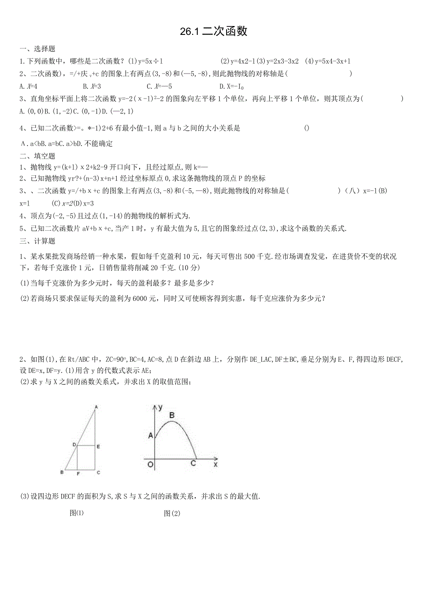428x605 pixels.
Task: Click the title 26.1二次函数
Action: coord(214,31)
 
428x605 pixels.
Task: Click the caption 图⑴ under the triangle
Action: coord(77,513)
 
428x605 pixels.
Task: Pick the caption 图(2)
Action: coord(172,513)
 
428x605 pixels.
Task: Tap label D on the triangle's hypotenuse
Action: coord(74,445)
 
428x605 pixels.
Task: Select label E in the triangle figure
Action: coord(99,446)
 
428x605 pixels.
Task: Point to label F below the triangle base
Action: coord(78,473)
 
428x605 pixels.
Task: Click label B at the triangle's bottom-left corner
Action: coord(62,473)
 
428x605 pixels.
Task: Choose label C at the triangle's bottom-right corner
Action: coord(98,473)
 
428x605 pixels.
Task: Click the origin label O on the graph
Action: coord(150,464)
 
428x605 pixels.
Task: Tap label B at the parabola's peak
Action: coord(172,415)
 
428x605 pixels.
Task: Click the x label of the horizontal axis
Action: coord(215,464)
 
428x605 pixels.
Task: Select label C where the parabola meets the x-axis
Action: coord(194,464)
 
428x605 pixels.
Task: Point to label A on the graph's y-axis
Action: coord(150,436)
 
